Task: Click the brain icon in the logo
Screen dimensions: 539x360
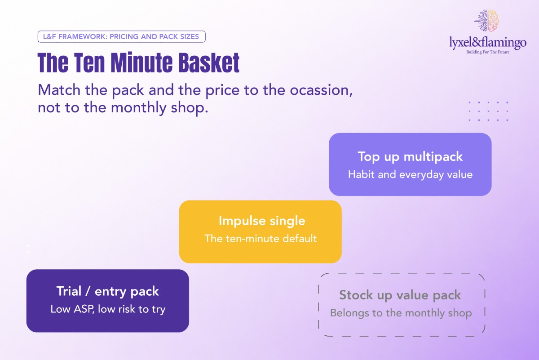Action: click(x=486, y=21)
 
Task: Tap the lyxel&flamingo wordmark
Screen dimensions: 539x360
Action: click(x=488, y=42)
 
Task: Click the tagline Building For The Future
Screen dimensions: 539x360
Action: click(x=488, y=52)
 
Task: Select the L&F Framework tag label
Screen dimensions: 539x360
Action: click(x=122, y=36)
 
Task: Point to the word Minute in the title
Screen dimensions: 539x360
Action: click(x=141, y=62)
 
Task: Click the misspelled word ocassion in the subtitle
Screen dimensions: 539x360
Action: click(x=321, y=90)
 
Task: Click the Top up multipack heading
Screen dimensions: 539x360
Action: click(x=410, y=157)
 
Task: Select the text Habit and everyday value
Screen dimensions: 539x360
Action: click(x=410, y=174)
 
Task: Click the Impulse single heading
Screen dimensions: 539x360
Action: click(x=262, y=221)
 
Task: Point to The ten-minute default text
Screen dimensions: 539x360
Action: click(x=261, y=239)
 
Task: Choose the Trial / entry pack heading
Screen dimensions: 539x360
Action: click(x=107, y=291)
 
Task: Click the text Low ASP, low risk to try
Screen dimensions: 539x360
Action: click(x=108, y=309)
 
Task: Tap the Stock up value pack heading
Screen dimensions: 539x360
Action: click(x=400, y=295)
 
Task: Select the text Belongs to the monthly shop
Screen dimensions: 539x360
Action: click(x=401, y=313)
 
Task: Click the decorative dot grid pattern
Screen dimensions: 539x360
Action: click(x=489, y=111)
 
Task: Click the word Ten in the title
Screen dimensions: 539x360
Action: click(x=89, y=62)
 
